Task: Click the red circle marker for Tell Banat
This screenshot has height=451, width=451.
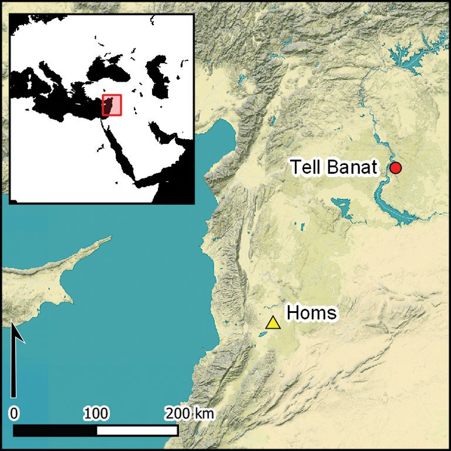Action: pyautogui.click(x=396, y=168)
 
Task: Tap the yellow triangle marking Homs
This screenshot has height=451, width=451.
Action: pyautogui.click(x=272, y=322)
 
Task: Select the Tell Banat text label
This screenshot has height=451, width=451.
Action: pyautogui.click(x=334, y=168)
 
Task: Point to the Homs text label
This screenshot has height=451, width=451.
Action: pyautogui.click(x=311, y=312)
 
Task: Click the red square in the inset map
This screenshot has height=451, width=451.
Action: pyautogui.click(x=112, y=105)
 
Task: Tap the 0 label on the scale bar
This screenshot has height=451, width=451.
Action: pyautogui.click(x=14, y=413)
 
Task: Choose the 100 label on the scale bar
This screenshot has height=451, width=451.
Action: pyautogui.click(x=95, y=413)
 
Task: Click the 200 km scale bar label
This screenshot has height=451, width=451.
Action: pyautogui.click(x=189, y=413)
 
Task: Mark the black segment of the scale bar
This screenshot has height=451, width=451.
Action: pyautogui.click(x=54, y=430)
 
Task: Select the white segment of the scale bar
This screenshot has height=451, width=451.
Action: pyautogui.click(x=136, y=430)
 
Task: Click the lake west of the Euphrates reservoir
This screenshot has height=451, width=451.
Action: pyautogui.click(x=341, y=205)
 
